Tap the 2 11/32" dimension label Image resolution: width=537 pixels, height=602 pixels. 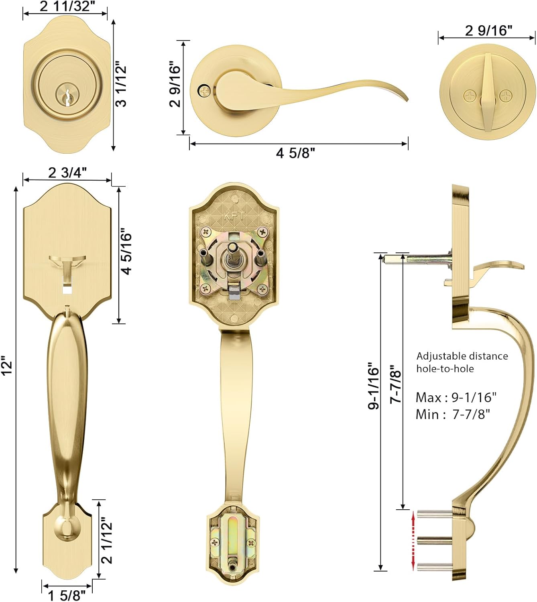[67, 6]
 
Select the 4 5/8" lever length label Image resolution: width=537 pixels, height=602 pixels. [295, 153]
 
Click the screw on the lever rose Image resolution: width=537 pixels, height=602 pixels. [204, 91]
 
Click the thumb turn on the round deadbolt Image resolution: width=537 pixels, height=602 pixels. [488, 93]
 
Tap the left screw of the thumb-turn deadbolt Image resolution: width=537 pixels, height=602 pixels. [470, 96]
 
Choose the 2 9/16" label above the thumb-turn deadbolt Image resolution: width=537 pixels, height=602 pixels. [489, 31]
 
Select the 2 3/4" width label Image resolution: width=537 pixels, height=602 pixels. [67, 173]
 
